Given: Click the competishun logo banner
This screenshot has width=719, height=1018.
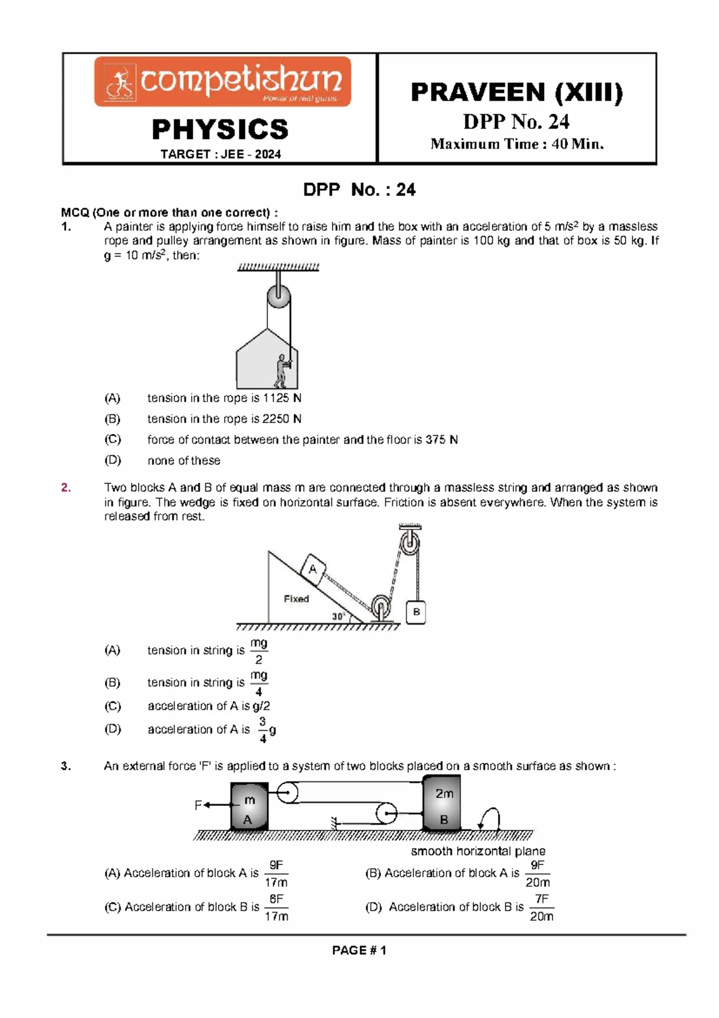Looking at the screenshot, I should click(222, 82).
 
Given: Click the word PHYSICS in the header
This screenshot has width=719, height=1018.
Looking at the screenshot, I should click(220, 129).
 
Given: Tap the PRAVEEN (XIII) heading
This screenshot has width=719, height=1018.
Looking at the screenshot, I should click(516, 92).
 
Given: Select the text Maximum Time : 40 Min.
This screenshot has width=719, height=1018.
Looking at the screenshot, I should click(516, 144).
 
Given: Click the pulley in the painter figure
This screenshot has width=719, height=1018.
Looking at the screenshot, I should click(278, 296).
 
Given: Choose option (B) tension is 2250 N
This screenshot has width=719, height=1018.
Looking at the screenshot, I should click(223, 418).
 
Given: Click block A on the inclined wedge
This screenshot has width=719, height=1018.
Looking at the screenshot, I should click(313, 569).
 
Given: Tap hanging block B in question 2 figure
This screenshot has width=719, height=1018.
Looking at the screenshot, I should click(416, 612).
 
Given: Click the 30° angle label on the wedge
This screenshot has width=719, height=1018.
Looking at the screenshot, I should click(339, 616).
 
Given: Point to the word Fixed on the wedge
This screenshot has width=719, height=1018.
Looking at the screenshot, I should click(296, 598).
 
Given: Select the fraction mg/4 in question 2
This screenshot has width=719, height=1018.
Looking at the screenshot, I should click(258, 683).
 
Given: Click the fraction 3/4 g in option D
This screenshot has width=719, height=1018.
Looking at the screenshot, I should click(267, 730).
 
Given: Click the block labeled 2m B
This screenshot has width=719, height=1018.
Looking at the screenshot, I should click(443, 803).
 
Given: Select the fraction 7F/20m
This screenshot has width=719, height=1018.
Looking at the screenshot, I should click(541, 907).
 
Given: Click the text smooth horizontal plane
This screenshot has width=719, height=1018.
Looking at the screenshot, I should click(478, 851).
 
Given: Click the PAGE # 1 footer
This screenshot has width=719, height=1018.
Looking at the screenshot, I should click(359, 950).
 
